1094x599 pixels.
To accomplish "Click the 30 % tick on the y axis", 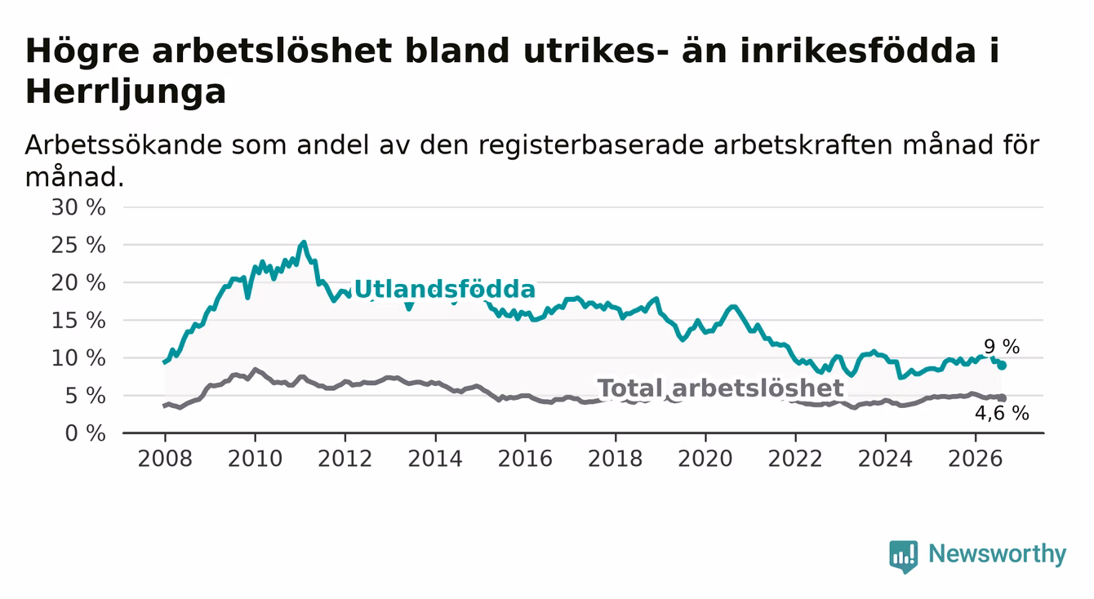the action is (78, 207).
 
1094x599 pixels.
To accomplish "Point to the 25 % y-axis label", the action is (78, 245).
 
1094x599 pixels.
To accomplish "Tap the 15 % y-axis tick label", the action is (78, 321).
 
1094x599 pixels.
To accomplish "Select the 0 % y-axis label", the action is (85, 433).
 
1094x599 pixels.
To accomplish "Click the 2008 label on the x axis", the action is (165, 459).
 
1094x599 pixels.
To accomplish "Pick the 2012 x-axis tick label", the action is (345, 459).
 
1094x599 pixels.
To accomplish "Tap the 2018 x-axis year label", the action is (615, 459).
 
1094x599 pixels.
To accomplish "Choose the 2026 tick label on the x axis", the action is (976, 459).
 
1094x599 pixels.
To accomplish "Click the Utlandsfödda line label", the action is (444, 290).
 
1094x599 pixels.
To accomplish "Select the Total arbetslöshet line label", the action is (721, 388).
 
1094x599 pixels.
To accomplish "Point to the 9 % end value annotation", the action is (1002, 347).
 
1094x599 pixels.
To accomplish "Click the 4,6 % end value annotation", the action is (1003, 414).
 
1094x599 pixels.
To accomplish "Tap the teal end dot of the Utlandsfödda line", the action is (1003, 366).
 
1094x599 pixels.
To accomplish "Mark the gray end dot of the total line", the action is (1003, 398).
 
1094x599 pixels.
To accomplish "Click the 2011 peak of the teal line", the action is (304, 242).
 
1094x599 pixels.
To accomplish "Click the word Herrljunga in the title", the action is (126, 91).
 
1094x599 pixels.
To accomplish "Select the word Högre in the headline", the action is (82, 51).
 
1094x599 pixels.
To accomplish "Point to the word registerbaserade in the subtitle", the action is (590, 146).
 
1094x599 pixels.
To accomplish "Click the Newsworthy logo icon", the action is (904, 557).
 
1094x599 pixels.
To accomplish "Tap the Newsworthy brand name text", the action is (998, 554).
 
